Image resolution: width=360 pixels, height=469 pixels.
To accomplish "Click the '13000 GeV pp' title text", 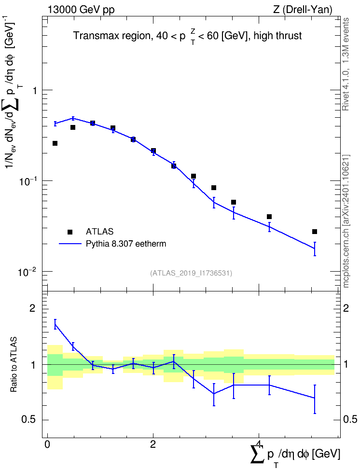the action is pyautogui.click(x=81, y=10).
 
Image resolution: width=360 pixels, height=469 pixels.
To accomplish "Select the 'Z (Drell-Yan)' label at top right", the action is pyautogui.click(x=303, y=10).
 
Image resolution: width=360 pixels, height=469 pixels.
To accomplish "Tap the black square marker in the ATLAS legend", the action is pyautogui.click(x=70, y=232).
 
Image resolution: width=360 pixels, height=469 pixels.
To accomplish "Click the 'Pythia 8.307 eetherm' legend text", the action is pyautogui.click(x=125, y=244).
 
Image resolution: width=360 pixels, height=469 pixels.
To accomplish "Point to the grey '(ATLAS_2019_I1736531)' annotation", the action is pyautogui.click(x=191, y=273).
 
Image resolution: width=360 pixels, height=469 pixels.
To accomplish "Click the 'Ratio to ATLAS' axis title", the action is pyautogui.click(x=14, y=365).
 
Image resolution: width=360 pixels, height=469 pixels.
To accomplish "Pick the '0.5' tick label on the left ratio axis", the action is pyautogui.click(x=28, y=420).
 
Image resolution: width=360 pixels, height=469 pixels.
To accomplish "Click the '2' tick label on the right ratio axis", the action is pyautogui.click(x=346, y=308).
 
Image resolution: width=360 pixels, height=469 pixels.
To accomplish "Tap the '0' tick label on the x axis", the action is pyautogui.click(x=47, y=444).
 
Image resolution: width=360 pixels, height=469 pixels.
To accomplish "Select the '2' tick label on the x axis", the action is pyautogui.click(x=153, y=444).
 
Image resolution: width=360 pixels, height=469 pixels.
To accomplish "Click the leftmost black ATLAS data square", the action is pyautogui.click(x=55, y=143).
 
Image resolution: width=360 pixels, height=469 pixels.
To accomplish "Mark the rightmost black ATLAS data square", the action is pyautogui.click(x=315, y=232).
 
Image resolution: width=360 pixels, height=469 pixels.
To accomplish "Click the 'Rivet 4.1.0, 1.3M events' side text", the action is pyautogui.click(x=346, y=64).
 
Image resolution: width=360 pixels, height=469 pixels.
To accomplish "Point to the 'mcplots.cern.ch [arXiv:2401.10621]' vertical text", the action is pyautogui.click(x=346, y=221).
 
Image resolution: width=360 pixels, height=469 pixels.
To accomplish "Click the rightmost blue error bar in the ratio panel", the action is pyautogui.click(x=315, y=400).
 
